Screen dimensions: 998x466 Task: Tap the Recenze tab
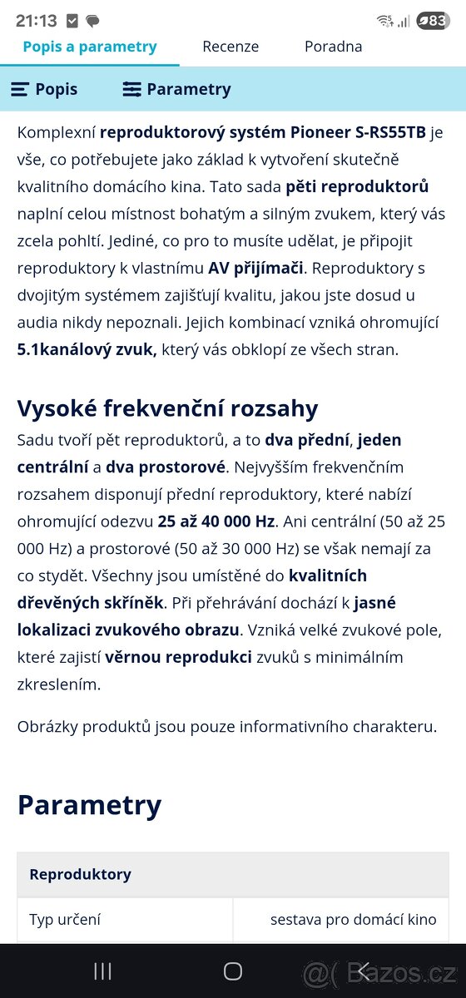coord(231,47)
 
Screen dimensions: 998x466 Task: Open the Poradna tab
coord(333,47)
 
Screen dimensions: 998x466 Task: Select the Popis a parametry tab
coord(90,47)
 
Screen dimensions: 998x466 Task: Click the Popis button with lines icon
coord(45,89)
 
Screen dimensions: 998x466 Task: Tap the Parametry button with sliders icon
coord(176,89)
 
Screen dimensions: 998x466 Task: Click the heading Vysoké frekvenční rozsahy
coord(167,408)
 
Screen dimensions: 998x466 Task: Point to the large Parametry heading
coord(89,804)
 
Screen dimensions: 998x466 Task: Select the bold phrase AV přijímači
coord(257,268)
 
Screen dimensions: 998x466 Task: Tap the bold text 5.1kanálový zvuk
coord(87,349)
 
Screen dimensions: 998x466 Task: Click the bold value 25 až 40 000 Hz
coord(216,521)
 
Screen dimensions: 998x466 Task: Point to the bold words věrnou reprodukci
coord(178,657)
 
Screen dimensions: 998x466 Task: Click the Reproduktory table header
coord(80,874)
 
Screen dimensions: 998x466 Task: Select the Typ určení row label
coord(65,919)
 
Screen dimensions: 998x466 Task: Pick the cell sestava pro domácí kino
coord(353,919)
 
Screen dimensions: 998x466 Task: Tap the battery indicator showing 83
coord(433,21)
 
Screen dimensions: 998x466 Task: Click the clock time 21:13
coord(37,21)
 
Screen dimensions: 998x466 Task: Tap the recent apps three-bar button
coord(102,971)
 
